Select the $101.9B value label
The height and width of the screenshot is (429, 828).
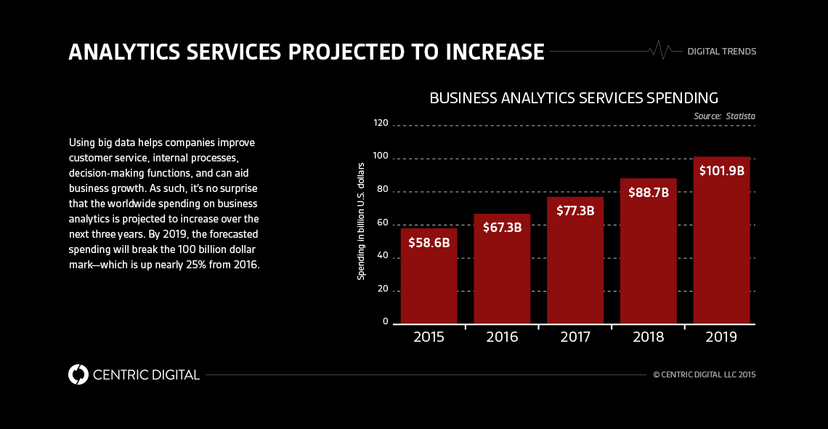pyautogui.click(x=721, y=171)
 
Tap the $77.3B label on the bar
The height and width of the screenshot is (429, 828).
pyautogui.click(x=575, y=211)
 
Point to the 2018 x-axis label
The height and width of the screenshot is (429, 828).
pyautogui.click(x=648, y=337)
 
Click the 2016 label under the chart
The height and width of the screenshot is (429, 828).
pyautogui.click(x=502, y=337)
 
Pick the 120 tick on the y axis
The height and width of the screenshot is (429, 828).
pyautogui.click(x=381, y=124)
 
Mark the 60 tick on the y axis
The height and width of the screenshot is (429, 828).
pyautogui.click(x=381, y=223)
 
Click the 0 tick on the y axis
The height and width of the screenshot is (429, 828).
pyautogui.click(x=386, y=321)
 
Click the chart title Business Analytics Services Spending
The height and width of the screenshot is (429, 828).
pyautogui.click(x=574, y=97)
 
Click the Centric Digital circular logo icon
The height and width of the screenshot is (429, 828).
pyautogui.click(x=78, y=374)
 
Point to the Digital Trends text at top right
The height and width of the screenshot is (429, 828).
pyautogui.click(x=721, y=52)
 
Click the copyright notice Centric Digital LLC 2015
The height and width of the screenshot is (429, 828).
pyautogui.click(x=705, y=375)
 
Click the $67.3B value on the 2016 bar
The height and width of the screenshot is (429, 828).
pyautogui.click(x=502, y=227)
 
